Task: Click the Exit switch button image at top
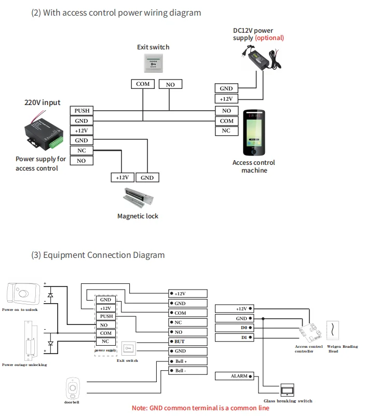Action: (x=153, y=63)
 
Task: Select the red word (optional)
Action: (x=269, y=38)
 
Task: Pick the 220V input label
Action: (x=43, y=102)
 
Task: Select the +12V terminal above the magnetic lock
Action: (x=122, y=177)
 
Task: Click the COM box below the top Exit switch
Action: (x=143, y=84)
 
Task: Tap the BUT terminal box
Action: (x=188, y=342)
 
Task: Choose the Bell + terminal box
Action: (x=188, y=361)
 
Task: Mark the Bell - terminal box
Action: (x=188, y=371)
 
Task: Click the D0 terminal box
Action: (x=234, y=328)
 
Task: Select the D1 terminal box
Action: (x=234, y=338)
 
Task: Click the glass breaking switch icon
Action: (x=287, y=390)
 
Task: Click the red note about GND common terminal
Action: (x=200, y=408)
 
